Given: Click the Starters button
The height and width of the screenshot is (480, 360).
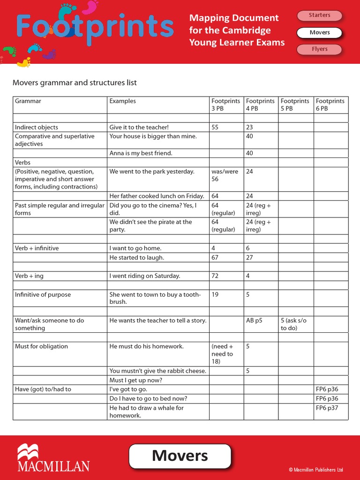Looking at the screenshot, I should (319, 15).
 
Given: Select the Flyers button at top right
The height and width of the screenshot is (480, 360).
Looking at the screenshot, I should (319, 49).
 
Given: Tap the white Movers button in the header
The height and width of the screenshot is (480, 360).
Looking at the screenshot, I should (319, 33).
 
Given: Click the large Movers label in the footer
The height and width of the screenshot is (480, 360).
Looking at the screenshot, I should (180, 456).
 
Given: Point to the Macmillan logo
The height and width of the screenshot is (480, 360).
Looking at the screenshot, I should (53, 458).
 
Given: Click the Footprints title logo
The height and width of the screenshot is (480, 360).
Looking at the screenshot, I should (95, 27).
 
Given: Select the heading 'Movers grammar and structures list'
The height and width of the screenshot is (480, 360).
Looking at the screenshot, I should (75, 83).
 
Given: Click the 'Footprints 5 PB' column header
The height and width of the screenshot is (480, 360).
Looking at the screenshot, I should (295, 105).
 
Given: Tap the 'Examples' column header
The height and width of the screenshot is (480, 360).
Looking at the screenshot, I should (123, 101).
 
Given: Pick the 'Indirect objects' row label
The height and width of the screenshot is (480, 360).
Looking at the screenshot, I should (37, 127).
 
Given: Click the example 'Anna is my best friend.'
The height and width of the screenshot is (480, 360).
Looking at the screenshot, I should (141, 153).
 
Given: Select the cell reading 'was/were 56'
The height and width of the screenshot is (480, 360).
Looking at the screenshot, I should (225, 175).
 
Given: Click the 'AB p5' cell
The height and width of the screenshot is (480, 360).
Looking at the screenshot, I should (254, 321).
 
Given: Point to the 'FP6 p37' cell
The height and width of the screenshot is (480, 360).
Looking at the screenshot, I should (327, 408).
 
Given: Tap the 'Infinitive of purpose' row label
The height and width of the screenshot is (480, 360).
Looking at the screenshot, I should (43, 295).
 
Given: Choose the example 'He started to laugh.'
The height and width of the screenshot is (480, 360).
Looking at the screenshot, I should (137, 258).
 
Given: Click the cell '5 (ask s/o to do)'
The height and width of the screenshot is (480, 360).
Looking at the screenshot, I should (293, 324).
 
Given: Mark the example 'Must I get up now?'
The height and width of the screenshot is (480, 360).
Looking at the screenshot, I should (136, 380).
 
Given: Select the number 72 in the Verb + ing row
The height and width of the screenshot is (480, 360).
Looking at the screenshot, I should (215, 276).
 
